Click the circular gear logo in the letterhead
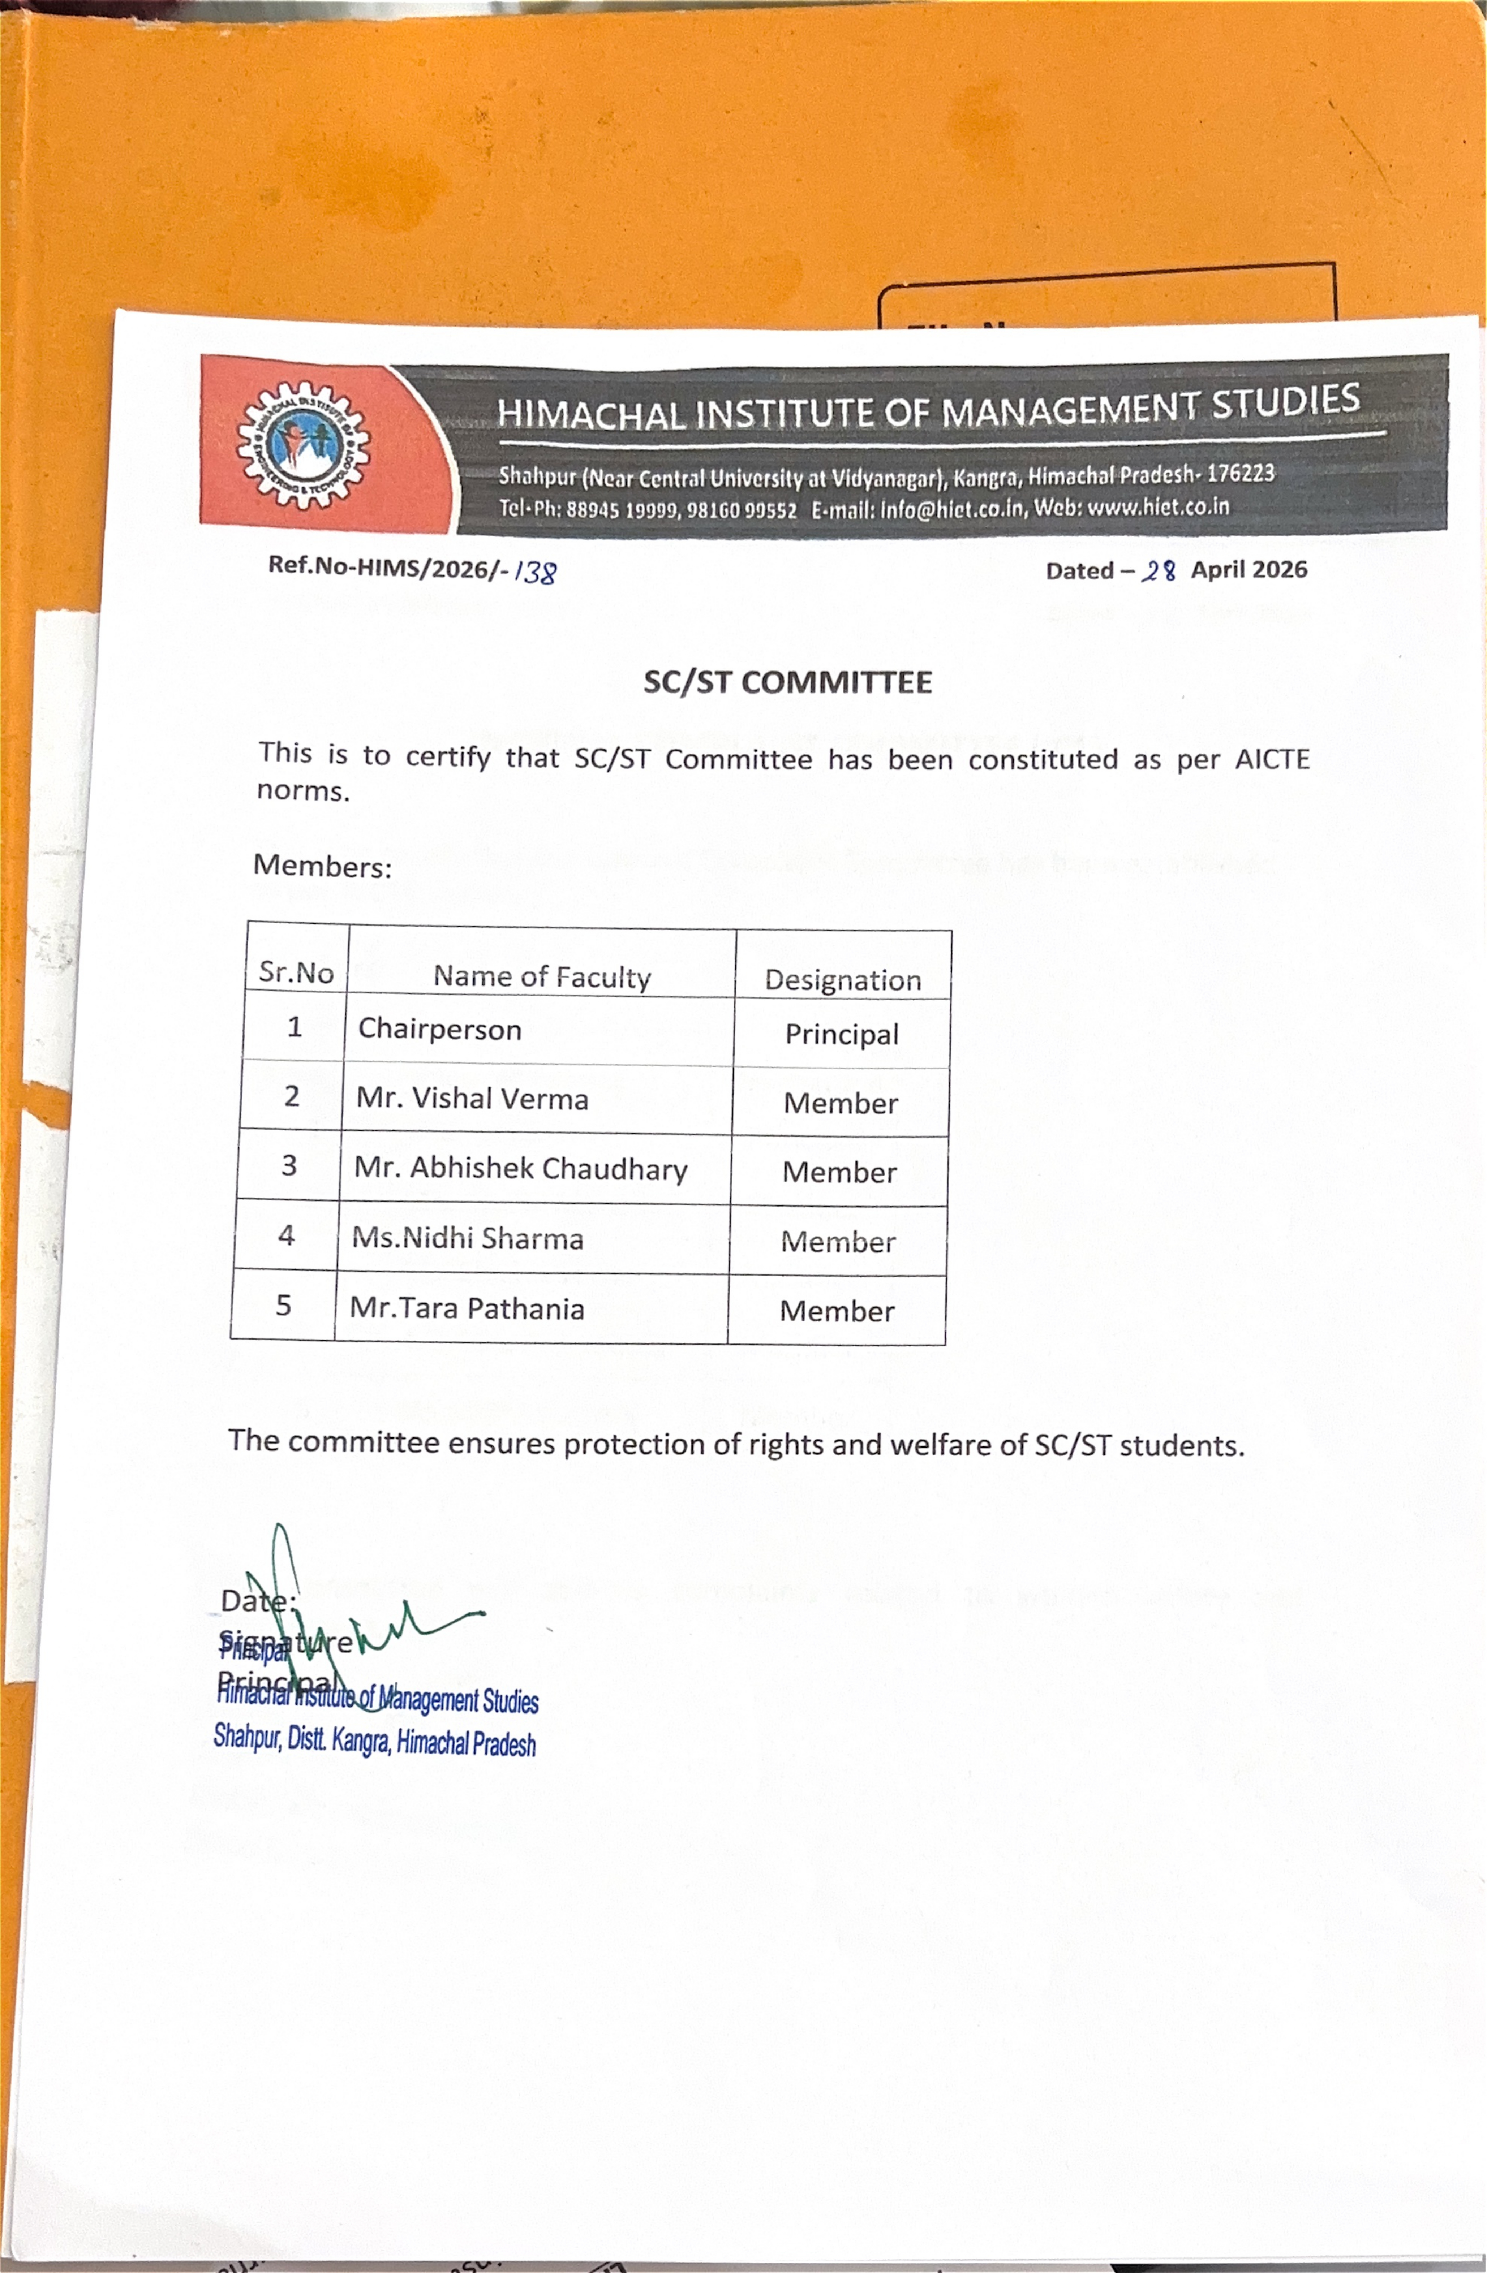(x=303, y=445)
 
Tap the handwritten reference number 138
(x=535, y=571)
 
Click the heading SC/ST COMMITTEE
(x=787, y=682)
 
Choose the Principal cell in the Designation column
(x=841, y=1034)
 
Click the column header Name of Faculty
(x=542, y=976)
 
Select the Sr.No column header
(x=296, y=972)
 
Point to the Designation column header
(x=842, y=980)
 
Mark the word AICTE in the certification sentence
(x=1271, y=759)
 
